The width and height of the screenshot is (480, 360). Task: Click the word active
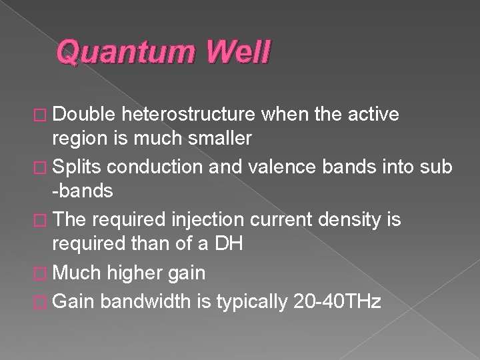click(x=370, y=115)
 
